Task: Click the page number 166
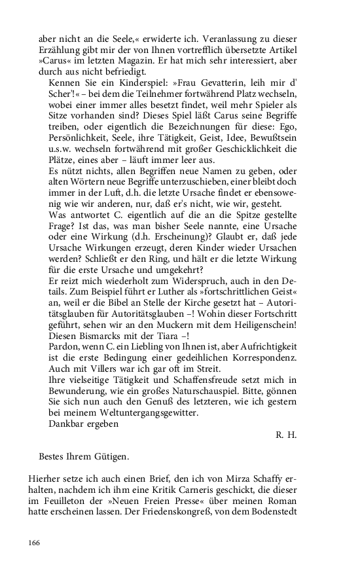[35, 543]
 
